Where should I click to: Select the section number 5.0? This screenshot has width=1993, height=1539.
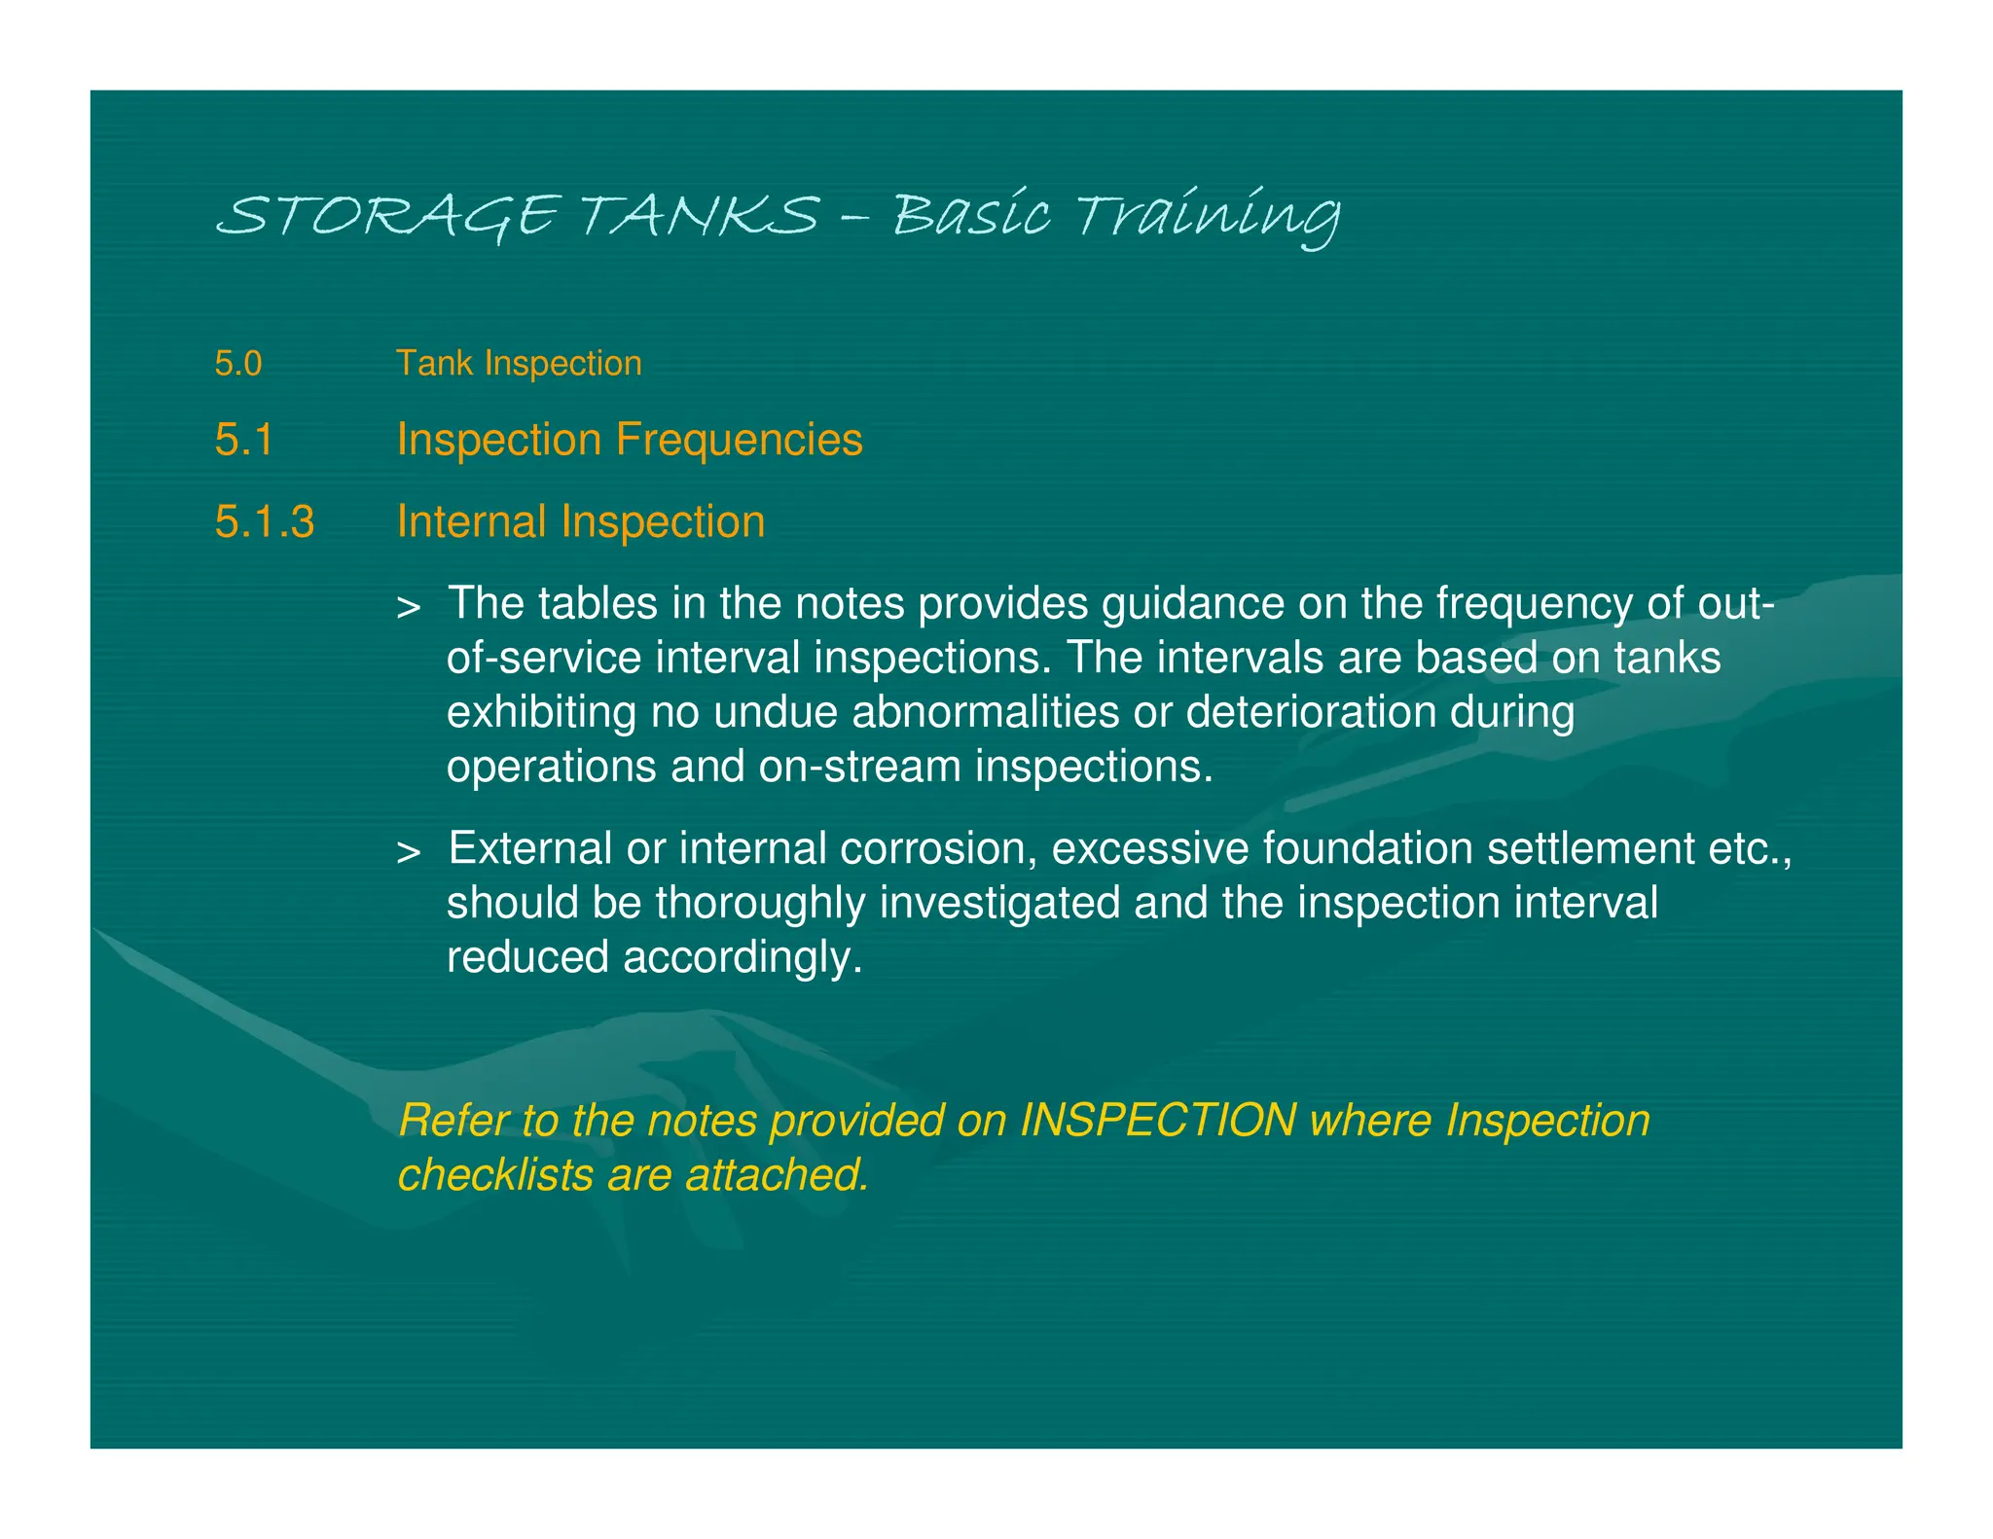click(238, 364)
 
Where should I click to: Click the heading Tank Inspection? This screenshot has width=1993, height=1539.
click(519, 364)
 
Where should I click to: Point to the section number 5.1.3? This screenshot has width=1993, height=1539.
click(265, 522)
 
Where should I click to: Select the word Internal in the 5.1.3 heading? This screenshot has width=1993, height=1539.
click(471, 522)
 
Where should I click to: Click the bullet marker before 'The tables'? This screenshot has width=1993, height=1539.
click(409, 608)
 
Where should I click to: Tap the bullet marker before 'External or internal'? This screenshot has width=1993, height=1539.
click(409, 852)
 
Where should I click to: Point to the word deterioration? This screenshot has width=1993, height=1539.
click(1311, 712)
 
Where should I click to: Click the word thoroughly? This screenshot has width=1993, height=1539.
click(760, 904)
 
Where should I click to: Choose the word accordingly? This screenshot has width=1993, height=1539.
click(743, 958)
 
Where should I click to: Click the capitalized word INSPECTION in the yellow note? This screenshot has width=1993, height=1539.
click(1157, 1121)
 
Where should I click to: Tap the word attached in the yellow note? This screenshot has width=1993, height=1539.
click(777, 1175)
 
